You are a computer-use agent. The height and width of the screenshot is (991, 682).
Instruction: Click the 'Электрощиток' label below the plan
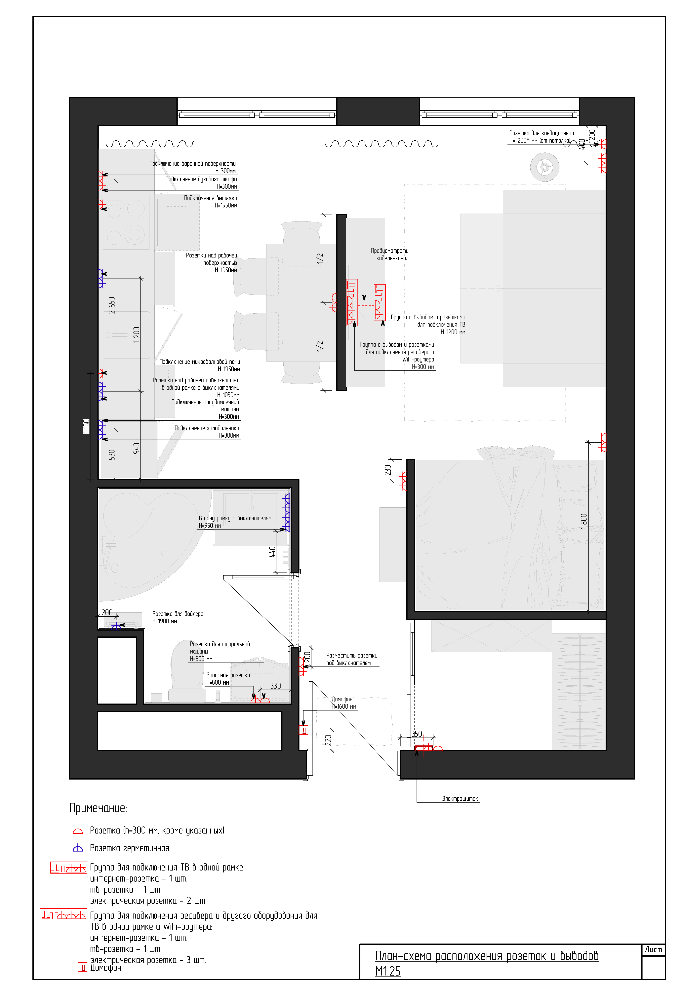[460, 799]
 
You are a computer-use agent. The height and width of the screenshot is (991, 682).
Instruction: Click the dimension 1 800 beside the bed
[584, 522]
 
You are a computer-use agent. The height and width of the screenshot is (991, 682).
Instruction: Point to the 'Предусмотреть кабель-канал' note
[390, 255]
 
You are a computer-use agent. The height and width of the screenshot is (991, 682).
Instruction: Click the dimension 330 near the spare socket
[276, 686]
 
